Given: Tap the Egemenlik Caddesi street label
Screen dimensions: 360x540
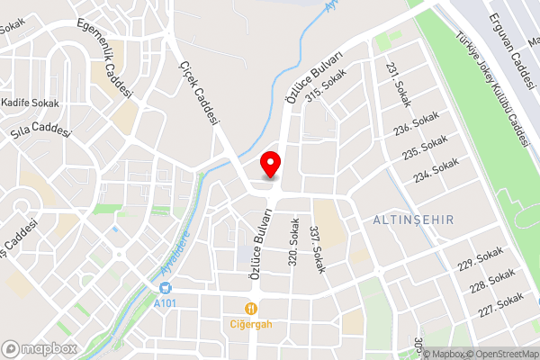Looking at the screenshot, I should click(x=105, y=58).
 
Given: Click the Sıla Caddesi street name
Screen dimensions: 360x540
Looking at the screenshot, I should click(x=40, y=135).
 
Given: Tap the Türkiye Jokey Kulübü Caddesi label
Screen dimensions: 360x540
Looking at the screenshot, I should click(x=490, y=90).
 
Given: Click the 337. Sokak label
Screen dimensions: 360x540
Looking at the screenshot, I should click(x=316, y=248).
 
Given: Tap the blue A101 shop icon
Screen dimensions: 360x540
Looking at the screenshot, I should click(x=165, y=288).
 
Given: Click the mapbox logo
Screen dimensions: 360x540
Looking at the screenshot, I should click(x=40, y=348).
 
